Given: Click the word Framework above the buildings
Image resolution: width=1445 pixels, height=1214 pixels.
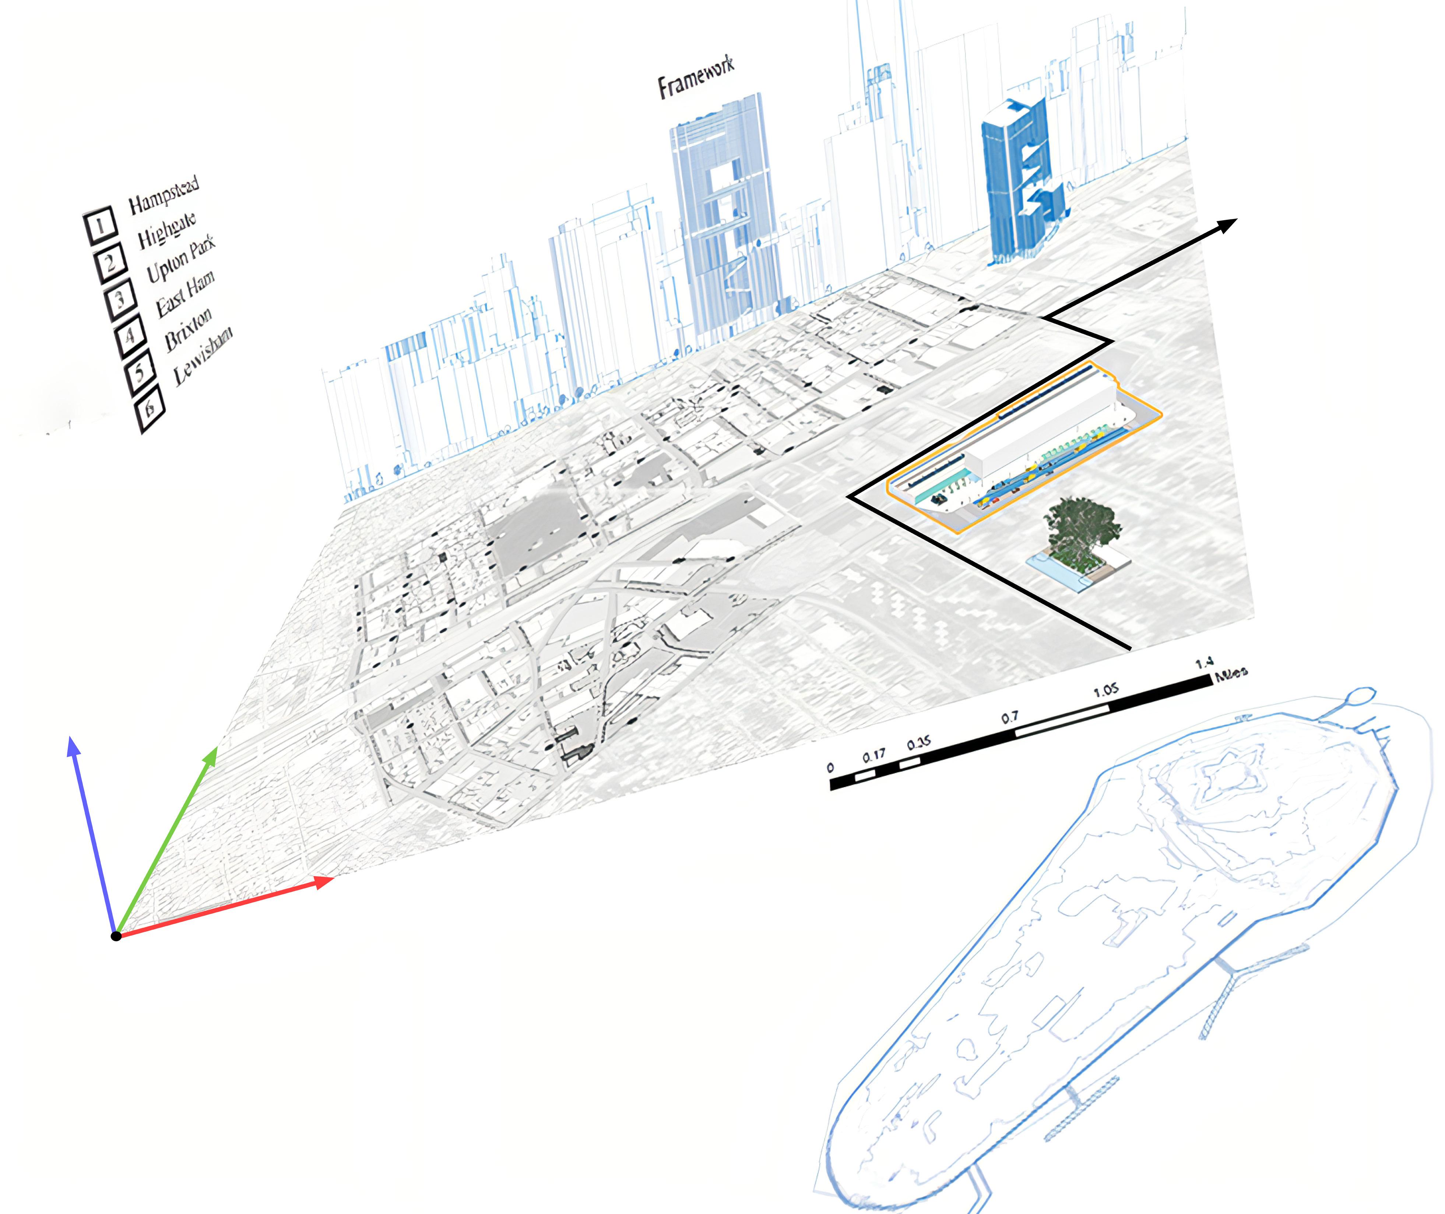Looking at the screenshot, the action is click(695, 78).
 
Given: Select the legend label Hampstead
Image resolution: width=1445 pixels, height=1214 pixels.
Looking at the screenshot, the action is click(164, 195).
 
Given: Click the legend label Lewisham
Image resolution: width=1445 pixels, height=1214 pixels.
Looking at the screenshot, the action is click(203, 356).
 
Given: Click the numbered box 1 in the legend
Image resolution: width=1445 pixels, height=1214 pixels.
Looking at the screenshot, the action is click(100, 225).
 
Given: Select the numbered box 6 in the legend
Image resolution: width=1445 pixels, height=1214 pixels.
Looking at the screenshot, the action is click(150, 409).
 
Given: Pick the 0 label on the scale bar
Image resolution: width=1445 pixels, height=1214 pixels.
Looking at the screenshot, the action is click(830, 767).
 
